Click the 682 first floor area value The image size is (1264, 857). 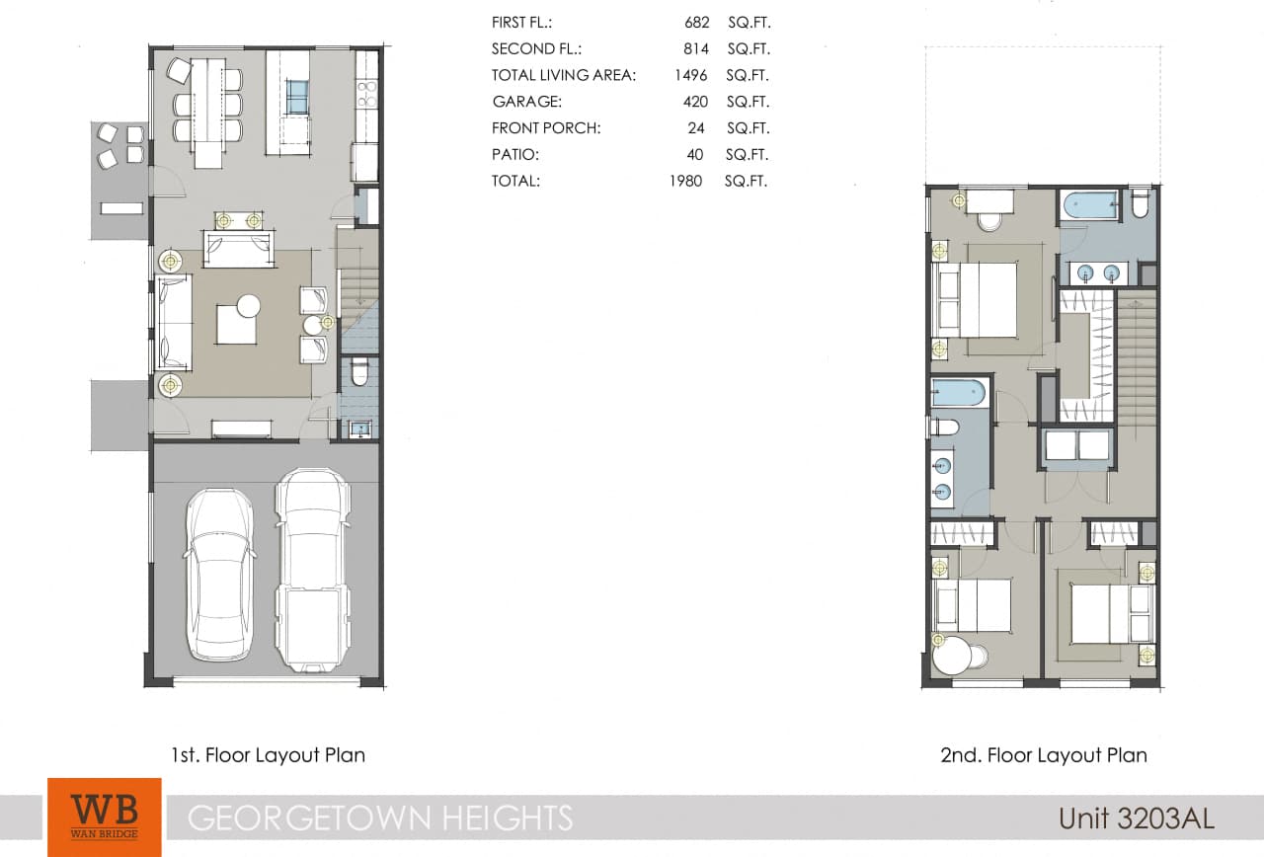[696, 22]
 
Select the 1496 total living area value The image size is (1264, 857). [690, 75]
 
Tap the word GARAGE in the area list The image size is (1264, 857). [526, 102]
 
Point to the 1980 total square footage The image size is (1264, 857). [685, 182]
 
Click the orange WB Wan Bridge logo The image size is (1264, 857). [104, 817]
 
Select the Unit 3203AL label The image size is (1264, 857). [1136, 818]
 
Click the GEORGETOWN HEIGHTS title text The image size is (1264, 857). [380, 818]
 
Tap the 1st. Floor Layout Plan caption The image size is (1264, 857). [268, 756]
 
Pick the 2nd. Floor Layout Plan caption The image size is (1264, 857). [1044, 756]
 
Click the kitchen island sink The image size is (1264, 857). [297, 97]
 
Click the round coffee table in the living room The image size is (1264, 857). [248, 306]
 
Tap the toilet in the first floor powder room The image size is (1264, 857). [359, 372]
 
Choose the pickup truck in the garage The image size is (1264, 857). [312, 571]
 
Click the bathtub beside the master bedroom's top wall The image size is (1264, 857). [1089, 206]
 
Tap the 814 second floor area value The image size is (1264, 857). [696, 48]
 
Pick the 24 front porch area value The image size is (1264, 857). [698, 128]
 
